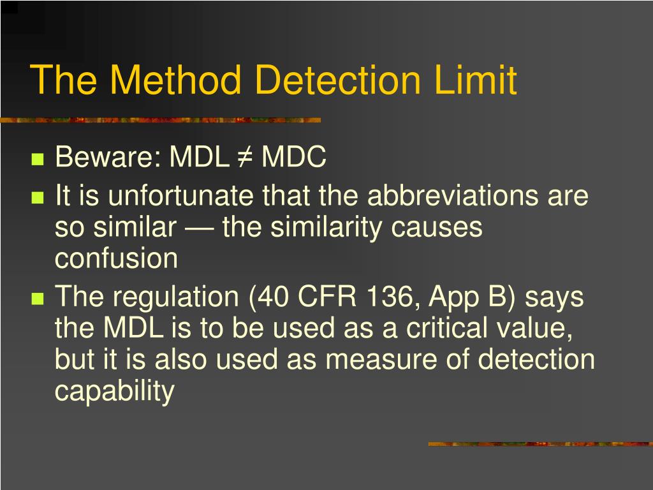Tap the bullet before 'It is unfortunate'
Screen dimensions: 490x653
[x=38, y=198]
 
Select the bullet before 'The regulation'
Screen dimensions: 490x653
[x=38, y=299]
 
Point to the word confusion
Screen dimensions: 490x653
[x=116, y=258]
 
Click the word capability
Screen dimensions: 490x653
[x=115, y=392]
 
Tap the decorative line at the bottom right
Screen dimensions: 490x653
[x=540, y=444]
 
